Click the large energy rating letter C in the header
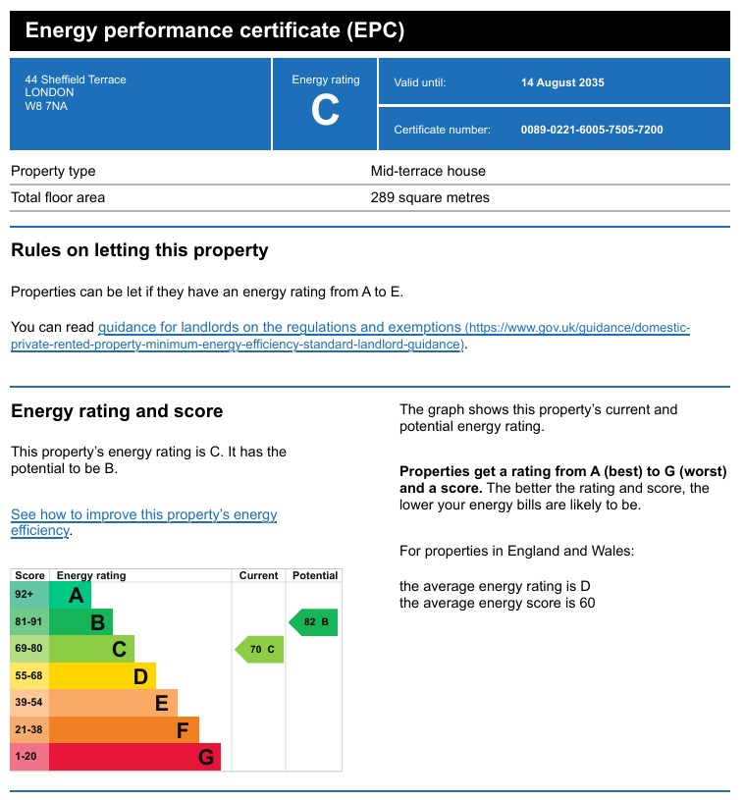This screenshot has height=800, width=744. [x=325, y=111]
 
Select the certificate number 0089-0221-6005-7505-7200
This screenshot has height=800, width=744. [x=592, y=130]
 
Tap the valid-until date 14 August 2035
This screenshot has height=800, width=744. [x=562, y=82]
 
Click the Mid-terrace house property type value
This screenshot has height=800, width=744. [x=428, y=171]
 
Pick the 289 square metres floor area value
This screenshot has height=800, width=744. [x=430, y=197]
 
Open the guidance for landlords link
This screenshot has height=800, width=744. [x=280, y=327]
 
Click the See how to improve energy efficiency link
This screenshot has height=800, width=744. [x=143, y=515]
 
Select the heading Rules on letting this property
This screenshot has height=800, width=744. [x=139, y=250]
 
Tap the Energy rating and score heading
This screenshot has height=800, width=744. [x=117, y=411]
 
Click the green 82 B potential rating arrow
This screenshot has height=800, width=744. [x=314, y=622]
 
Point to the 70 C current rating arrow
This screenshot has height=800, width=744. [x=260, y=649]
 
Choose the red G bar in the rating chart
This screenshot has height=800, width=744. [x=135, y=757]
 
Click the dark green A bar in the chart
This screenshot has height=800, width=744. [x=70, y=595]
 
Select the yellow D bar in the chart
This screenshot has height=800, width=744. [x=102, y=675]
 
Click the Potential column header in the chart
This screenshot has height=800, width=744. [x=315, y=575]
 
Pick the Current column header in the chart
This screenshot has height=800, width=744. [x=259, y=575]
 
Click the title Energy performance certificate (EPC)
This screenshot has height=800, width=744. [x=214, y=30]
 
